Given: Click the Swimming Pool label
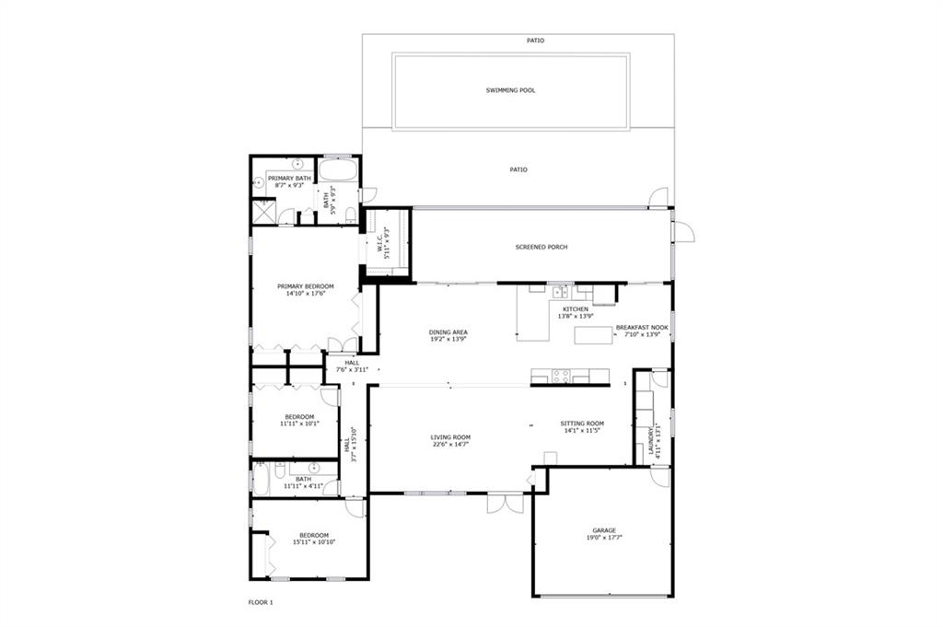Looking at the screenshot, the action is (x=510, y=90).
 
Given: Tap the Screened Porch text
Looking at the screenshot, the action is (x=541, y=247).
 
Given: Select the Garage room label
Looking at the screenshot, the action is (x=604, y=530).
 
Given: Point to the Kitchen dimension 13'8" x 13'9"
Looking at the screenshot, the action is (x=576, y=316).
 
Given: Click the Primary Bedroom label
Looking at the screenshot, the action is (x=306, y=286).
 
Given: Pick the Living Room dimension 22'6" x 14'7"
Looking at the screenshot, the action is (x=450, y=445).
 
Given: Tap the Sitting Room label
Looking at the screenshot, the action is (x=582, y=424).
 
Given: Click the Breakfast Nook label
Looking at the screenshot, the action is (x=642, y=328).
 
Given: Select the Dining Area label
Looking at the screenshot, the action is (x=448, y=331).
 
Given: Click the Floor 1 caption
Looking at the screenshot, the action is (x=261, y=602).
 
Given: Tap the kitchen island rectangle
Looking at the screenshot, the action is (x=593, y=335).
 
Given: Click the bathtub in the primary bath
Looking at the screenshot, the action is (x=338, y=169).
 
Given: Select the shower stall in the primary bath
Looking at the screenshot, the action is (x=265, y=211).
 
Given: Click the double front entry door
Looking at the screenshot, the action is (x=506, y=503).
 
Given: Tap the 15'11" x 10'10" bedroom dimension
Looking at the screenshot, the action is (x=314, y=541).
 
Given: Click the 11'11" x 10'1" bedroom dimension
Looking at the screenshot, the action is (x=299, y=424).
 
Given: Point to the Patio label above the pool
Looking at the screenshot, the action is (x=535, y=41).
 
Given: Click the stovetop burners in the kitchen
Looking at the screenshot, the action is (x=561, y=377).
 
